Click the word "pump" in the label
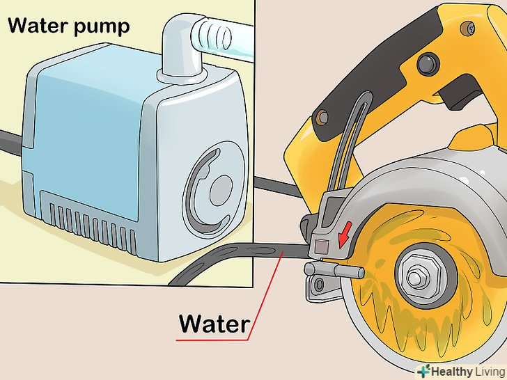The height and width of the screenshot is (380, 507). tap(102, 27)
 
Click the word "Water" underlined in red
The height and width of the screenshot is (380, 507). tap(214, 324)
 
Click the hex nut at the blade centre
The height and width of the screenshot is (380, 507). tap(416, 275)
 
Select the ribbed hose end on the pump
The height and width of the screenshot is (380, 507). tap(213, 35)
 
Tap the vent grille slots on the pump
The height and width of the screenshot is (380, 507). tap(92, 226)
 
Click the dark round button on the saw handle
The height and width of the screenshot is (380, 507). tap(428, 64)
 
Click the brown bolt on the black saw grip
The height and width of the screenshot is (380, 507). tap(322, 117)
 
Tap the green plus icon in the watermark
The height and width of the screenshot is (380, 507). tap(423, 371)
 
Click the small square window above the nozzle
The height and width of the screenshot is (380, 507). tap(321, 246)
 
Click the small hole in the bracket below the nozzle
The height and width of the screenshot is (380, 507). tap(320, 285)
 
